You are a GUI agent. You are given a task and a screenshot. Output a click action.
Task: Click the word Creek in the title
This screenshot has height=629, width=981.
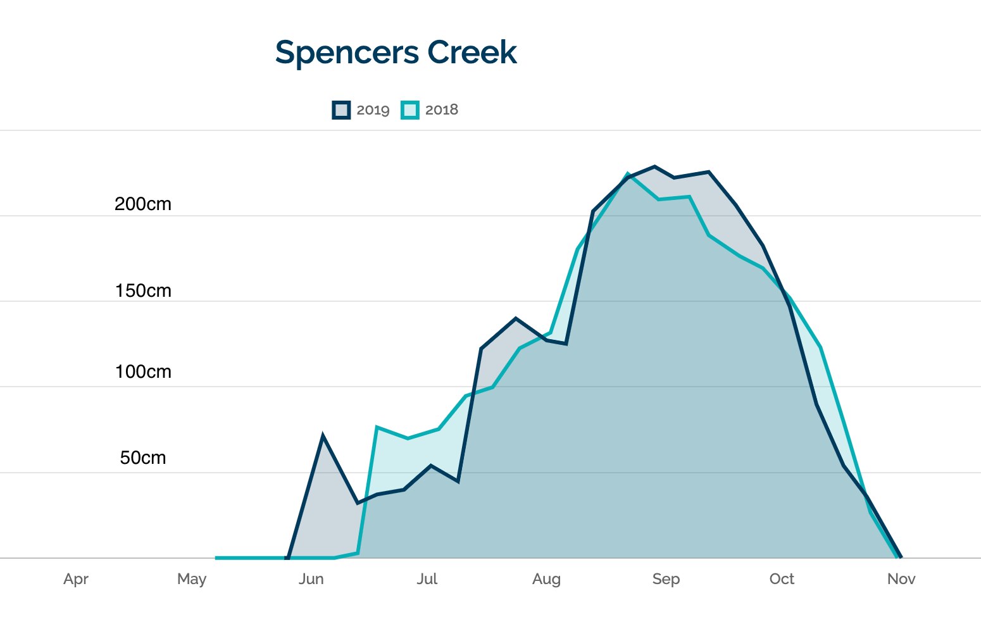tap(472, 52)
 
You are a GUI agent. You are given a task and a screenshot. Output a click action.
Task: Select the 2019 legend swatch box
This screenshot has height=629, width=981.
tap(341, 110)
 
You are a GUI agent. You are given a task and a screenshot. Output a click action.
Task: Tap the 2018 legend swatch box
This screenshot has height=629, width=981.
tap(410, 110)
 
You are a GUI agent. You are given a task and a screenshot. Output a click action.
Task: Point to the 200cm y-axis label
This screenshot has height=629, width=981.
tap(143, 204)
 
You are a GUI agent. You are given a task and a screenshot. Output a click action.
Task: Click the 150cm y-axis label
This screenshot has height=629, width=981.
tap(143, 291)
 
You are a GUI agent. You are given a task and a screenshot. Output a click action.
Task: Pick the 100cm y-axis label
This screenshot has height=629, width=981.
tap(143, 372)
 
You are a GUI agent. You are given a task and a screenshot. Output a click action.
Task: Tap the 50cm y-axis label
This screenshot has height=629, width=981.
tap(143, 458)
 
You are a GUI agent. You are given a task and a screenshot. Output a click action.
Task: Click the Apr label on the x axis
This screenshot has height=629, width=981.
tap(76, 579)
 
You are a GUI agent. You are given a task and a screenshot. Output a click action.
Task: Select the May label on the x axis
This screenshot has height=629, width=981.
tap(192, 579)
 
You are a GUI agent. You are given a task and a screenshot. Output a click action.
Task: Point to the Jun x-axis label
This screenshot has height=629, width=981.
tap(311, 579)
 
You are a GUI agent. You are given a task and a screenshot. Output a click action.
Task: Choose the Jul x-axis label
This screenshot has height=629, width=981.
tap(427, 579)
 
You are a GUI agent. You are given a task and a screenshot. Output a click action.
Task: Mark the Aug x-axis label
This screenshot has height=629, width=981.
tap(546, 579)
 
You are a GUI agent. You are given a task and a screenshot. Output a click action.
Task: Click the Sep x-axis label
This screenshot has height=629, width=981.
tap(666, 579)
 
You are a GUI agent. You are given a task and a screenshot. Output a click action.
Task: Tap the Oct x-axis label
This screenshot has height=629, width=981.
tap(782, 579)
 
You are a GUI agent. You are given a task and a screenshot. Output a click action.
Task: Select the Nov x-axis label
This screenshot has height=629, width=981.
tap(901, 579)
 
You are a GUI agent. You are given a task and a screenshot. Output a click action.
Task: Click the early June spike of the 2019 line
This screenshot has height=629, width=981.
tap(323, 436)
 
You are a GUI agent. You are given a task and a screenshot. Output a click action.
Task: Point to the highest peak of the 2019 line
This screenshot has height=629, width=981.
tap(654, 167)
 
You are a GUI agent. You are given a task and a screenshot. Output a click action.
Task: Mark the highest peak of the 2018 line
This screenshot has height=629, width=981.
tap(628, 173)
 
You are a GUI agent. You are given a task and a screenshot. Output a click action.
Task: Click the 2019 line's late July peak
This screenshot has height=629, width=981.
tap(516, 318)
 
